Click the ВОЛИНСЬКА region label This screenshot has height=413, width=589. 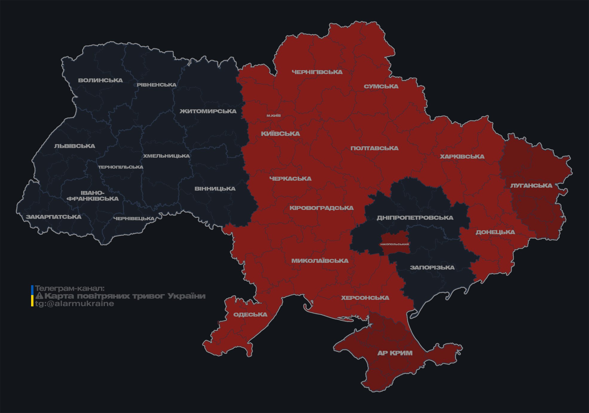pyautogui.click(x=100, y=80)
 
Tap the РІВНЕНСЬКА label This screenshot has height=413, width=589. pyautogui.click(x=157, y=85)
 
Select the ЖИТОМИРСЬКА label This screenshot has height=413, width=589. pyautogui.click(x=208, y=111)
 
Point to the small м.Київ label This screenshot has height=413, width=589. pyautogui.click(x=274, y=116)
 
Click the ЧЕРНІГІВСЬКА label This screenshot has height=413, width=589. pyautogui.click(x=317, y=72)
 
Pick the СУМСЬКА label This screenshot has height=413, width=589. pyautogui.click(x=381, y=86)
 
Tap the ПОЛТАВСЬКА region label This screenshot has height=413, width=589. pyautogui.click(x=374, y=148)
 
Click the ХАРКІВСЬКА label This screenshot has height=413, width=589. pyautogui.click(x=462, y=156)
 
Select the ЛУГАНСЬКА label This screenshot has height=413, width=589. pyautogui.click(x=531, y=185)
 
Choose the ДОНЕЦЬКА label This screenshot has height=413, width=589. pyautogui.click(x=495, y=232)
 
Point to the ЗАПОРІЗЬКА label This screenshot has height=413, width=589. pyautogui.click(x=432, y=268)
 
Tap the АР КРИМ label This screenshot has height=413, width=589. pyautogui.click(x=395, y=353)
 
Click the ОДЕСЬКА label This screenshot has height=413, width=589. pyautogui.click(x=250, y=314)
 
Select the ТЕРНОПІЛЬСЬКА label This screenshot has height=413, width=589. pyautogui.click(x=121, y=167)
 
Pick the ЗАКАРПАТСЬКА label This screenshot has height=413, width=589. pyautogui.click(x=53, y=217)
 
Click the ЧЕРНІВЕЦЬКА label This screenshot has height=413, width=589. pyautogui.click(x=134, y=219)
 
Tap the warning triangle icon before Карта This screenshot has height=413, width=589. pyautogui.click(x=39, y=296)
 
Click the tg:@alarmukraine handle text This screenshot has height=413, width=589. pyautogui.click(x=74, y=304)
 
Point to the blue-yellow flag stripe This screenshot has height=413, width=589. pyautogui.click(x=32, y=296)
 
